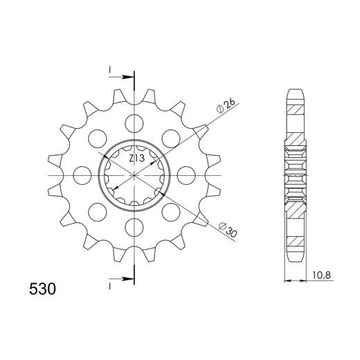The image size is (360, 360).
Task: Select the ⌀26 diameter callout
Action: tap(226, 107)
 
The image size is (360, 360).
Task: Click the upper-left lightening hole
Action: tap(98, 138)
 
